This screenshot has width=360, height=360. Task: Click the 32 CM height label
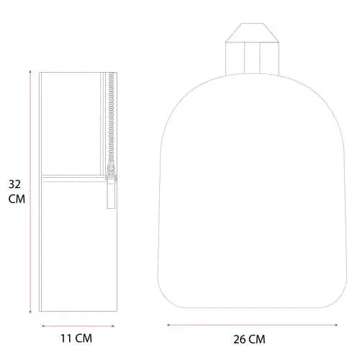coord(17,192)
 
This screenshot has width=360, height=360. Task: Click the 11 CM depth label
coord(76,338)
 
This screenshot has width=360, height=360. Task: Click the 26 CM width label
coord(249,339)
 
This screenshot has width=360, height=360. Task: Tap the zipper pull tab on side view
coord(111,193)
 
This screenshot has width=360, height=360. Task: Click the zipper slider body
coord(111,169)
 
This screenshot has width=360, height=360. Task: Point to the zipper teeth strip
coord(111,117)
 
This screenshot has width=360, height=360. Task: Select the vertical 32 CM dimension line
coord(30,192)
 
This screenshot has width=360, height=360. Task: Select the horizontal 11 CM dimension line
coord(78,326)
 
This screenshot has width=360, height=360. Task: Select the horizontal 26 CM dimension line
coord(253,325)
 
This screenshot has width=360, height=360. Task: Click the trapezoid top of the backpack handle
coord(252,33)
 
